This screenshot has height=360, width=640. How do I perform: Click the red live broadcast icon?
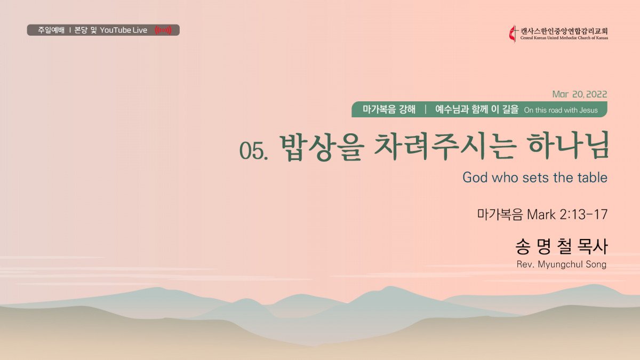pos(163,30)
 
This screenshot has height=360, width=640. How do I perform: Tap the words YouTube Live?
pos(123,30)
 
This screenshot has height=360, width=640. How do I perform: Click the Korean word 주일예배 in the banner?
pos(51,30)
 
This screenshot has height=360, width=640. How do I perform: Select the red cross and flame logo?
pos(514,34)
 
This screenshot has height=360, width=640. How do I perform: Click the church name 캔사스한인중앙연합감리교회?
pos(564,31)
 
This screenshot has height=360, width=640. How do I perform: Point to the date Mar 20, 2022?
pos(579,94)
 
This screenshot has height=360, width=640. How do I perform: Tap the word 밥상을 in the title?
pos(322,147)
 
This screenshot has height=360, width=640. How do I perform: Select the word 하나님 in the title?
pos(568,146)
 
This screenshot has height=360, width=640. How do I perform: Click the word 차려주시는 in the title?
pos(446,147)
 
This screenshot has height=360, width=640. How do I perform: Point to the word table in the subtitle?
pos(593,178)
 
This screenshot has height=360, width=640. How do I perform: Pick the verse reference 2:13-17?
pos(583,214)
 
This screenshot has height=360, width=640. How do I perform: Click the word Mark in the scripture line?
pos(541,214)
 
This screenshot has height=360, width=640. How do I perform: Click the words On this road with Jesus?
pos(561,110)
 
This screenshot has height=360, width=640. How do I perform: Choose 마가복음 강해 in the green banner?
pos(389,109)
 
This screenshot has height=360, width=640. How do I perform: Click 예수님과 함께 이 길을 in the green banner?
pos(477,109)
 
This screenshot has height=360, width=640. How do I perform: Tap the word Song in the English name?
pos(596,265)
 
